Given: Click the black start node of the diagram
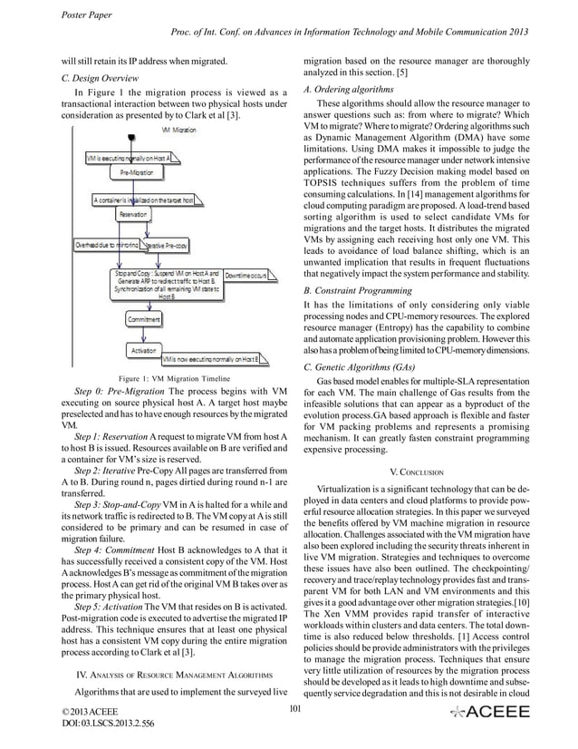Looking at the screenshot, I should [133, 137].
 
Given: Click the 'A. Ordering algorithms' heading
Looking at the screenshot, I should [348, 90].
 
